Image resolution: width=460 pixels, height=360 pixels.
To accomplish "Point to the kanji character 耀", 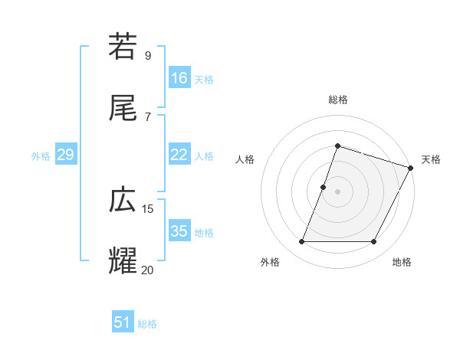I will (123, 260).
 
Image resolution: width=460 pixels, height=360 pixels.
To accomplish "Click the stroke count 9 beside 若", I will (147, 55).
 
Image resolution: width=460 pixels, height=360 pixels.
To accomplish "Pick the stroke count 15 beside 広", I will (148, 208).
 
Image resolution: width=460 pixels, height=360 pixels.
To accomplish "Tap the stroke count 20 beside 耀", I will (148, 269).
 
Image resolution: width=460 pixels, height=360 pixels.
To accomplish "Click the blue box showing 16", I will (179, 78).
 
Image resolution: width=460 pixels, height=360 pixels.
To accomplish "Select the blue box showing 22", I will (179, 155).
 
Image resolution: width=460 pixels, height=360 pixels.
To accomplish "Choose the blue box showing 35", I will (179, 231).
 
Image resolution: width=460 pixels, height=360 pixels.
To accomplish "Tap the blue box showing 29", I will (65, 155).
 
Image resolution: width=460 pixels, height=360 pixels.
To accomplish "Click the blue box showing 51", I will (123, 322).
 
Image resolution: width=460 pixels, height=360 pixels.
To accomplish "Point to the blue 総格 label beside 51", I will (147, 324).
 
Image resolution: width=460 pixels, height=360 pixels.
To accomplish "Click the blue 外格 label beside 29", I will (41, 156).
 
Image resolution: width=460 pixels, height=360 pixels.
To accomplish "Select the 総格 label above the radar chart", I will (338, 100).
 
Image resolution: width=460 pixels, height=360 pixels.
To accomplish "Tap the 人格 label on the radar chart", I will (245, 159).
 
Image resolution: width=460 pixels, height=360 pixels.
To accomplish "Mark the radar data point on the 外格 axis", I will (302, 242).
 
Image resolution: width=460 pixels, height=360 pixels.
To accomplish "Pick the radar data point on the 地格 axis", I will (373, 242).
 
